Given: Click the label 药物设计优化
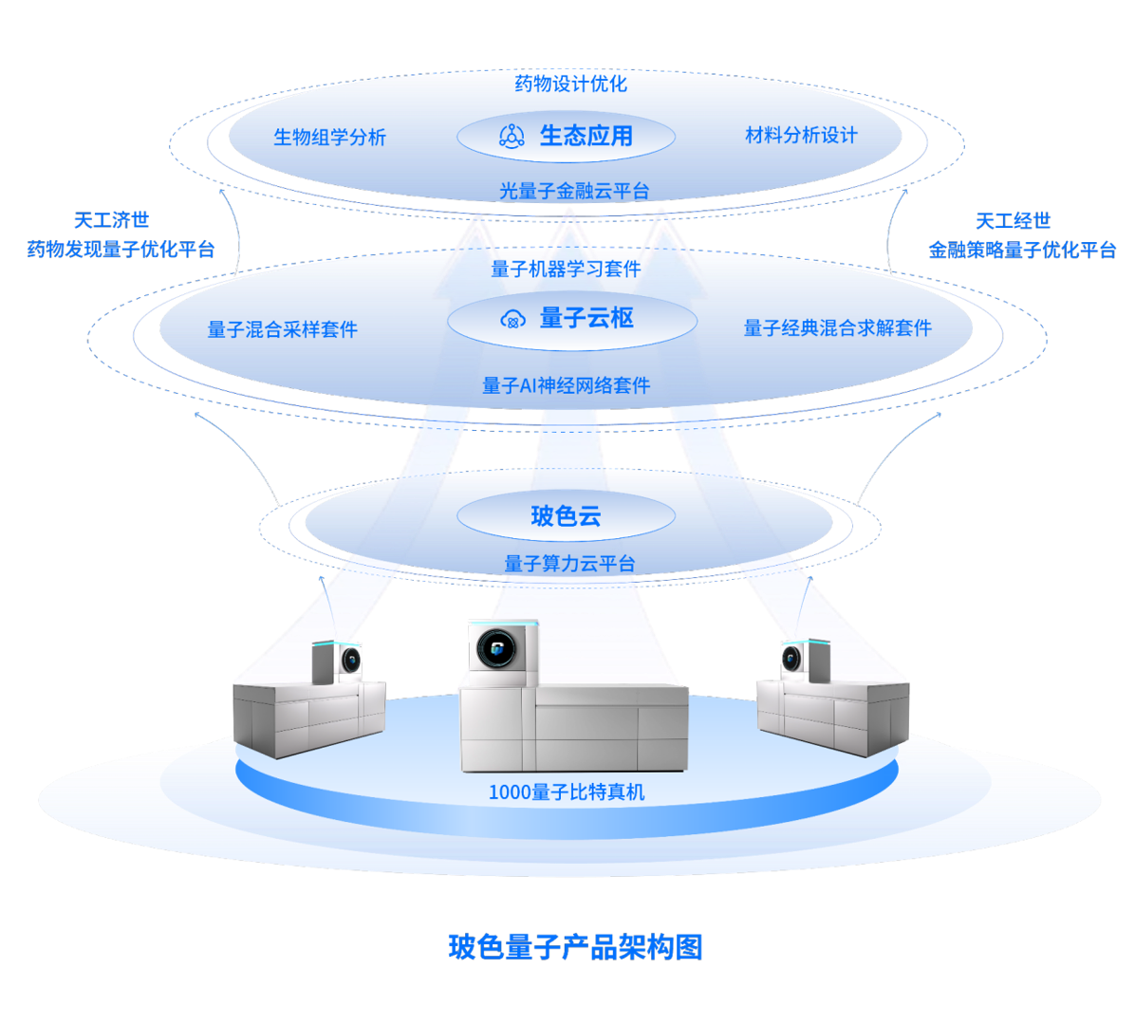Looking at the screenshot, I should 570,84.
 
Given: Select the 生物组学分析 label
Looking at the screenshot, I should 329,137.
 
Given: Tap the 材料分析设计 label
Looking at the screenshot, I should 801,135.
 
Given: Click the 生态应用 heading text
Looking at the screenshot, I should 586,136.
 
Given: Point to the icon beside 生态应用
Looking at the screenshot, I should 512,136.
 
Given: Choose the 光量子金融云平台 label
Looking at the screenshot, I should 574,191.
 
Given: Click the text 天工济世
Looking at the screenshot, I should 111,220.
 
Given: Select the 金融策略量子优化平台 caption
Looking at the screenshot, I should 1022,250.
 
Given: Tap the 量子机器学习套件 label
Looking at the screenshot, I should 566,269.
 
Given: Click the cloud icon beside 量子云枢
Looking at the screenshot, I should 512,319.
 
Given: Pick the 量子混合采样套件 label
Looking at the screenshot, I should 282,329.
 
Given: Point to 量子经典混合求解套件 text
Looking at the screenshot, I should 837,328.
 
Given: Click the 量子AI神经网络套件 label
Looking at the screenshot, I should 566,385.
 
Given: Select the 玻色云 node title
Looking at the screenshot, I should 566,517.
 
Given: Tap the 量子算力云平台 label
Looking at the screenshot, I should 569,563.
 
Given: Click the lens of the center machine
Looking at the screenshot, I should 500,652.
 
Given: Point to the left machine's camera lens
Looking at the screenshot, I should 351,659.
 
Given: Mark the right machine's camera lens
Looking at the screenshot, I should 791,657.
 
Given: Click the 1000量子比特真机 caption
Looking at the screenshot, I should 566,792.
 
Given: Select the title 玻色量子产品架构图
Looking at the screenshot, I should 575,946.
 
